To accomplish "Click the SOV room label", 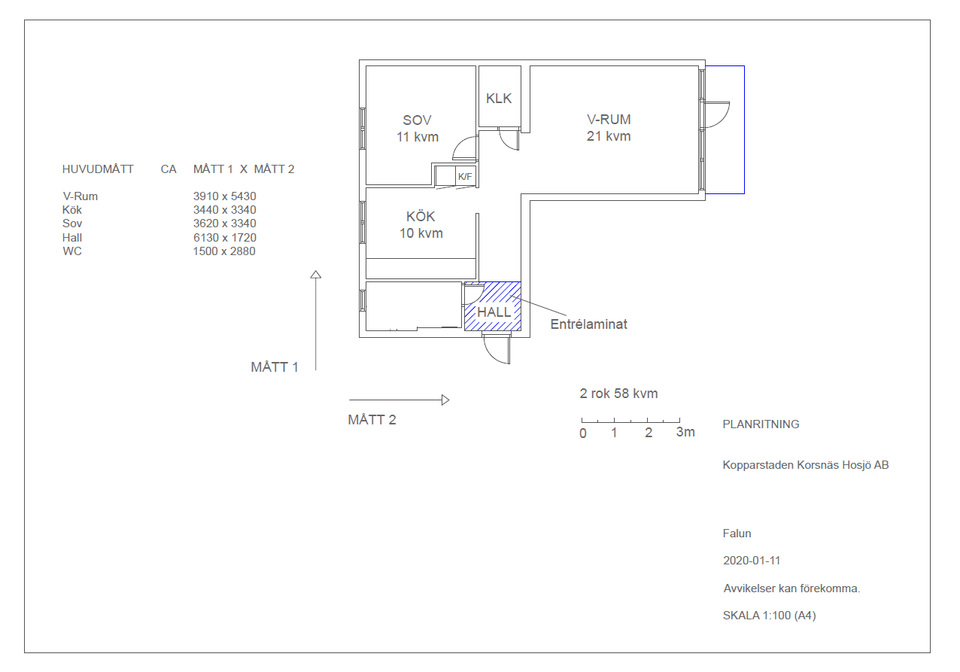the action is [417, 120].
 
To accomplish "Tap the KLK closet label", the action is [499, 99].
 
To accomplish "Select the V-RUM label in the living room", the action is [609, 119].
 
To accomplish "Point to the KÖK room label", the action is [421, 216].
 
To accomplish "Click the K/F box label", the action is [464, 177].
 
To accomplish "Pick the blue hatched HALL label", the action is [494, 312].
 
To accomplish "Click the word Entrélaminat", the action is [588, 324].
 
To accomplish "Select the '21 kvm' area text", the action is [609, 136].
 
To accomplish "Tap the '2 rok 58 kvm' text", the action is [618, 394].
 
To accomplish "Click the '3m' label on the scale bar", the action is [685, 432].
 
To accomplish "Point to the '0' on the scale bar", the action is [583, 433].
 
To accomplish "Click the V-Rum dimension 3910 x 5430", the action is [224, 196].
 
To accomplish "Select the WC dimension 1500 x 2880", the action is [224, 251].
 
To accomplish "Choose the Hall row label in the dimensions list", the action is [72, 238].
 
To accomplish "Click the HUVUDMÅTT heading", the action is [98, 169].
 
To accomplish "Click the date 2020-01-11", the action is [752, 561].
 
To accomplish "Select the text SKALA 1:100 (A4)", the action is [770, 616].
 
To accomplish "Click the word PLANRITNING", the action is [761, 424].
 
